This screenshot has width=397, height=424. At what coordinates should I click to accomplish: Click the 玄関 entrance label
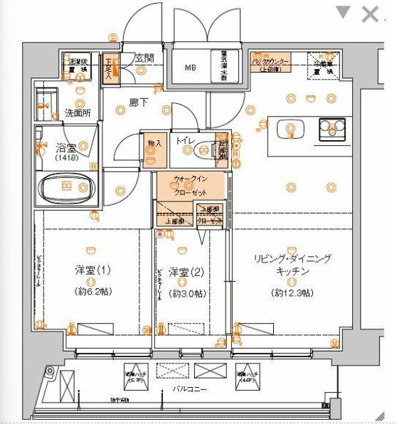[x=144, y=58]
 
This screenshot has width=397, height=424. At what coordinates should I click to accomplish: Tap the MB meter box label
[x=190, y=68]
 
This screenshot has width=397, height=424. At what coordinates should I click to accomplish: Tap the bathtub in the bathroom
[x=67, y=187]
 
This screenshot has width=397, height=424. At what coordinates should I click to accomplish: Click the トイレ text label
[x=186, y=141]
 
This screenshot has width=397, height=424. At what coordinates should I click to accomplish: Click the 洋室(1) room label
[x=93, y=270]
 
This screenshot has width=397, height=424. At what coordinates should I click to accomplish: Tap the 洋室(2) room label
[x=184, y=271]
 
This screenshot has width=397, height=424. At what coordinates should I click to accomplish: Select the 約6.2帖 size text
[x=93, y=292]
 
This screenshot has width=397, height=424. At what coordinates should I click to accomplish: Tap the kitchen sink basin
[x=290, y=128]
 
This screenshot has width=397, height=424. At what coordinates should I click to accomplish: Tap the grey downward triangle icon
[x=344, y=12]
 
